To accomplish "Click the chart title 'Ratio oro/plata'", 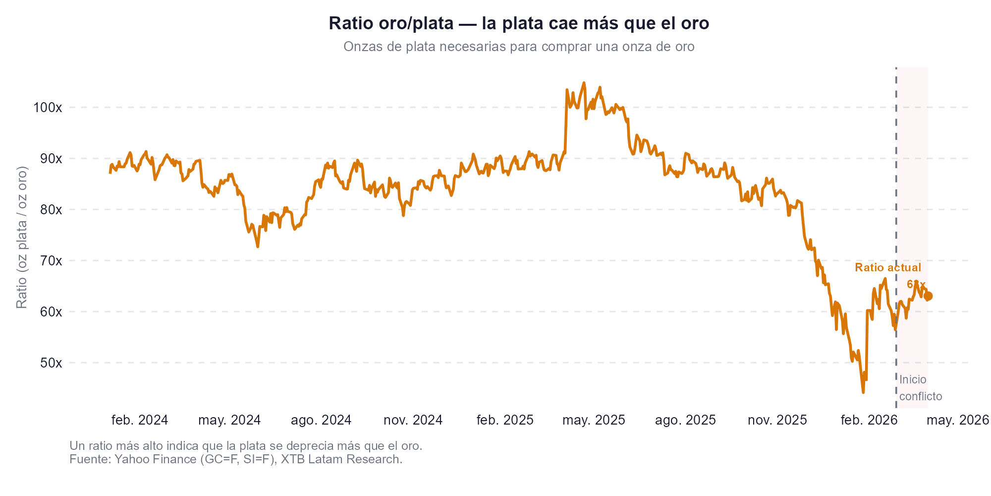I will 519,24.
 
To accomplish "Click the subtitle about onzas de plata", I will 519,47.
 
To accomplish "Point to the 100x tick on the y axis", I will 48,108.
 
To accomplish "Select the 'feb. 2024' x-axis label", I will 140,421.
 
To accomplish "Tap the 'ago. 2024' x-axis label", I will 321,421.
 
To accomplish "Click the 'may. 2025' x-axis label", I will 594,421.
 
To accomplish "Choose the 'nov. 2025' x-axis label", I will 777,421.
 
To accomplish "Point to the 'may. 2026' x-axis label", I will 957,421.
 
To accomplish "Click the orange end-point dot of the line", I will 929,296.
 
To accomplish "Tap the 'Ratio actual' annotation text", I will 888,268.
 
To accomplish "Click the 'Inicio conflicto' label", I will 920,388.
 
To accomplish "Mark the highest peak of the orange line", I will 584,83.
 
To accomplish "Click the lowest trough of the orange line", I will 863,392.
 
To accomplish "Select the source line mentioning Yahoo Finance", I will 236,459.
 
